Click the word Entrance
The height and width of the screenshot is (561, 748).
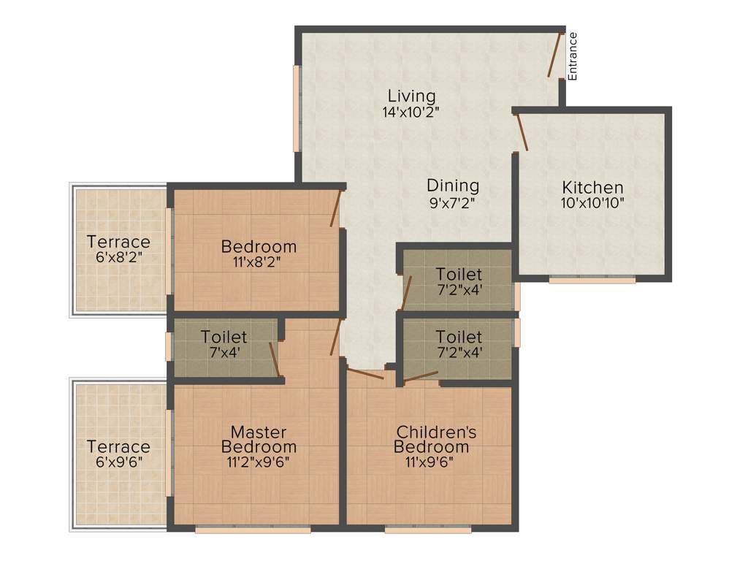click(573, 56)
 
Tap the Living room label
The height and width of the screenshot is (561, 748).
click(411, 96)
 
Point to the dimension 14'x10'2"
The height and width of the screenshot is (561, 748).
click(411, 112)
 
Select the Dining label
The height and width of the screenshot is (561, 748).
click(453, 186)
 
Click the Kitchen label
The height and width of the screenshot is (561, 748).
click(592, 187)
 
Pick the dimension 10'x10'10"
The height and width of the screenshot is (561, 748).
click(592, 203)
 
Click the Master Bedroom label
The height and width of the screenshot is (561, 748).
click(259, 439)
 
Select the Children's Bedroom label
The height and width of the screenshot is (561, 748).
click(435, 439)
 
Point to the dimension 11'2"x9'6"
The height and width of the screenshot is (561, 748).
click(259, 462)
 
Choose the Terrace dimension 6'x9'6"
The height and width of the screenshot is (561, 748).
click(118, 462)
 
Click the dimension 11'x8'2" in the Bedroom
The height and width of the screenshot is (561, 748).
click(259, 262)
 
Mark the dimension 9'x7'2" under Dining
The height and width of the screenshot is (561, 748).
click(453, 203)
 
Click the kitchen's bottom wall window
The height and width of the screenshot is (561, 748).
click(592, 279)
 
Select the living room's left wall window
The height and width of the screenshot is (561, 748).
click(297, 109)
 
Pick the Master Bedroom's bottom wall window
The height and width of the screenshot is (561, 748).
click(253, 529)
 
